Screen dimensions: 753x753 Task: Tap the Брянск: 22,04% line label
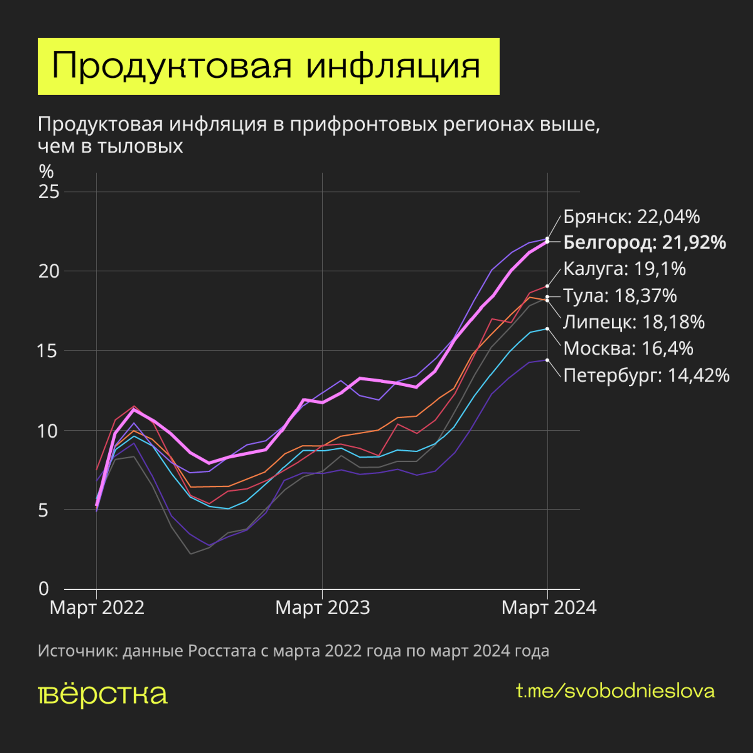coord(631,217)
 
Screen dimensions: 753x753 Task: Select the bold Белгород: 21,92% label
coord(644,242)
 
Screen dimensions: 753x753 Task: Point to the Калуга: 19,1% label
coord(624,269)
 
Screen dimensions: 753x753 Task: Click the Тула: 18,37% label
coord(620,296)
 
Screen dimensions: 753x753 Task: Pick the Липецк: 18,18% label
coord(634,322)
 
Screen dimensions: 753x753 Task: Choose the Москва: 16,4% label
coord(628,349)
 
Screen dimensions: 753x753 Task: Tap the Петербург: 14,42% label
coord(646,375)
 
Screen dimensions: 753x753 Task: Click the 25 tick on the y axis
coord(49,192)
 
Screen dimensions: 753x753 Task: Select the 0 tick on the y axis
coord(44,589)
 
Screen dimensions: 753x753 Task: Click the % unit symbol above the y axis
coord(46,172)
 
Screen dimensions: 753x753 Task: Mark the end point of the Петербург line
coord(547,360)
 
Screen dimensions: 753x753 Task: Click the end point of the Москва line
coord(547,329)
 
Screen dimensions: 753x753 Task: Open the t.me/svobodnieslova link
coord(615,691)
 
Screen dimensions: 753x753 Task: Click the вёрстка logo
coord(103,695)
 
